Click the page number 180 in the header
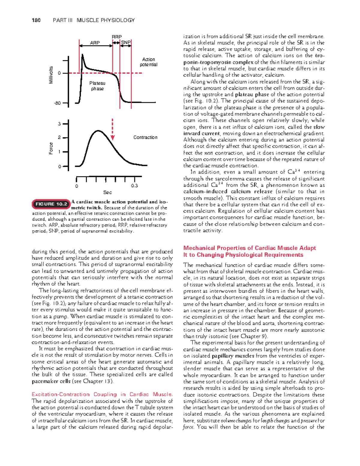36,20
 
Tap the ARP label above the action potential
95,43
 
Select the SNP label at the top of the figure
126,43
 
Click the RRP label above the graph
116,37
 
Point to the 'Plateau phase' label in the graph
97,86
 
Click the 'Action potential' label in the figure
148,62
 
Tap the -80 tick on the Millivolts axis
57,103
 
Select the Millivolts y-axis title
51,75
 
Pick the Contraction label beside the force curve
145,137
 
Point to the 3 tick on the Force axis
59,124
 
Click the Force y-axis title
51,149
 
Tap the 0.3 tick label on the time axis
134,186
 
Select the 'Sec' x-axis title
107,192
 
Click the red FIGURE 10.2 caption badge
51,204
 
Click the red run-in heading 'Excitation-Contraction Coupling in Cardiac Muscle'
102,394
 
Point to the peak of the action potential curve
82,54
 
